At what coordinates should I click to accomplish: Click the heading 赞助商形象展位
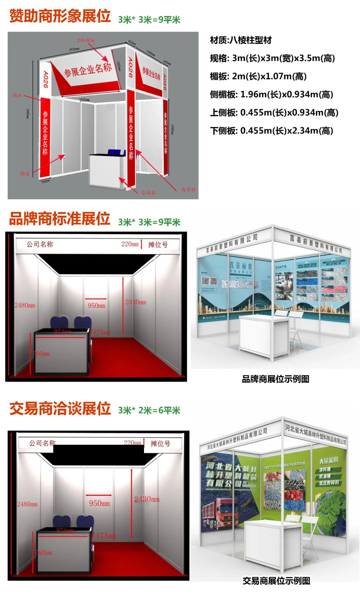[x=60, y=16]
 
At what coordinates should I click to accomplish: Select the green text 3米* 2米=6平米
[x=149, y=410]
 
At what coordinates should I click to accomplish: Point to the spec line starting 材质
[x=241, y=40]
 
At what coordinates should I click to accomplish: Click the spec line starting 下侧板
[x=271, y=131]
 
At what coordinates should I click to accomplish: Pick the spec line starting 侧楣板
[x=271, y=94]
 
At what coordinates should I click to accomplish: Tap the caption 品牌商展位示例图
[x=275, y=379]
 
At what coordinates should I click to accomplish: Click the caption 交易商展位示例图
[x=276, y=581]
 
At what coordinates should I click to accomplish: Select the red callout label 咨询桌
[x=148, y=193]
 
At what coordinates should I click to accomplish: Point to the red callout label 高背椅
[x=188, y=190]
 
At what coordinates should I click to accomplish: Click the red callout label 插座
[x=24, y=174]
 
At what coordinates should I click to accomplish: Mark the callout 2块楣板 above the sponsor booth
[x=86, y=40]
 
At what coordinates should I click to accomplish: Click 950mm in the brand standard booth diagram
[x=96, y=305]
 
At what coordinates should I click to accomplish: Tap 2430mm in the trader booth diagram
[x=147, y=499]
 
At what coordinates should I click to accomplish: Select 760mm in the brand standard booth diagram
[x=41, y=353]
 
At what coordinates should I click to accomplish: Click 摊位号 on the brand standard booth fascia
[x=158, y=245]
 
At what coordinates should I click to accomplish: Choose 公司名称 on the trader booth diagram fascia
[x=42, y=443]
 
